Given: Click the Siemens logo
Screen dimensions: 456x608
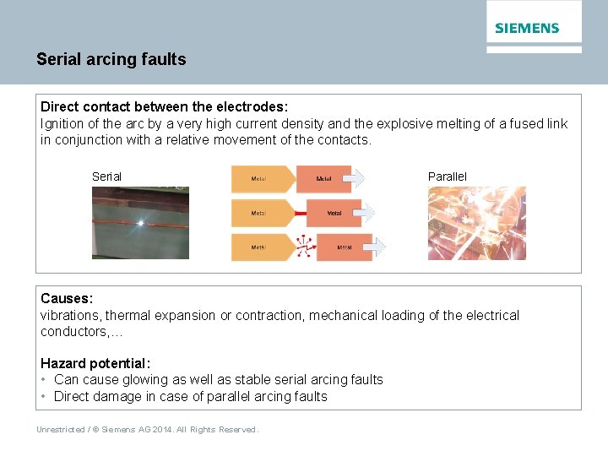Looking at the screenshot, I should [x=527, y=28].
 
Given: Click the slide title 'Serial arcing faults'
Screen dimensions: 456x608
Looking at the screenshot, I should [x=111, y=59].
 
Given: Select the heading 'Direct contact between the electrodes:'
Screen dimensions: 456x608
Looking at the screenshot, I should [x=165, y=107].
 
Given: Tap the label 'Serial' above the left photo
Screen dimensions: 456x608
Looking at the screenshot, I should [x=106, y=176].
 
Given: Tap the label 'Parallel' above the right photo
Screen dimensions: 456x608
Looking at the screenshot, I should [x=447, y=176].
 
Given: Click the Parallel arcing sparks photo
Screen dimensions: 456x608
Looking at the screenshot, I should [x=476, y=223].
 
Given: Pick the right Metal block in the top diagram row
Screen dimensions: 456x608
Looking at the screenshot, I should [x=323, y=179].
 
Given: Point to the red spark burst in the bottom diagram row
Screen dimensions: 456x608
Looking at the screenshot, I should [x=305, y=247].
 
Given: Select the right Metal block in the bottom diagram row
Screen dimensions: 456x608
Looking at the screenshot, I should [x=345, y=247].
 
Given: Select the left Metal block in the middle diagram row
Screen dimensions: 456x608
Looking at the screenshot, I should [x=260, y=214].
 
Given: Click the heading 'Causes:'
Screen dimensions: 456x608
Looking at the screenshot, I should [x=67, y=299].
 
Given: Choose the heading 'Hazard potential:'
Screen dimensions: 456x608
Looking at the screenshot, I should [x=95, y=363].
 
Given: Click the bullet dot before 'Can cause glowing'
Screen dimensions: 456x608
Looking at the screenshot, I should [x=44, y=380].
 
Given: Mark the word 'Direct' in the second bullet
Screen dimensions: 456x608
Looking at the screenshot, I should [x=72, y=396].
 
